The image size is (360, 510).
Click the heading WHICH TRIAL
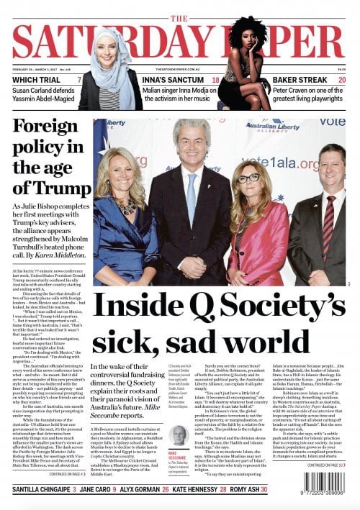tap(35, 80)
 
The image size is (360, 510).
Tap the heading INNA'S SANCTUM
tap(170, 80)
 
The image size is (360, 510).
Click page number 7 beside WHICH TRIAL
tap(78, 80)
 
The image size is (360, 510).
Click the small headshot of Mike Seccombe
tap(179, 434)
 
